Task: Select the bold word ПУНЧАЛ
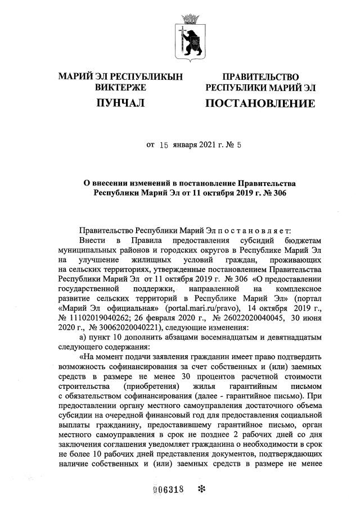click(120, 103)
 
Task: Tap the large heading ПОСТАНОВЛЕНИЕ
click(260, 103)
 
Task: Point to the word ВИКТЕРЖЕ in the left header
click(120, 88)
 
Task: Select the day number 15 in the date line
click(164, 144)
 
